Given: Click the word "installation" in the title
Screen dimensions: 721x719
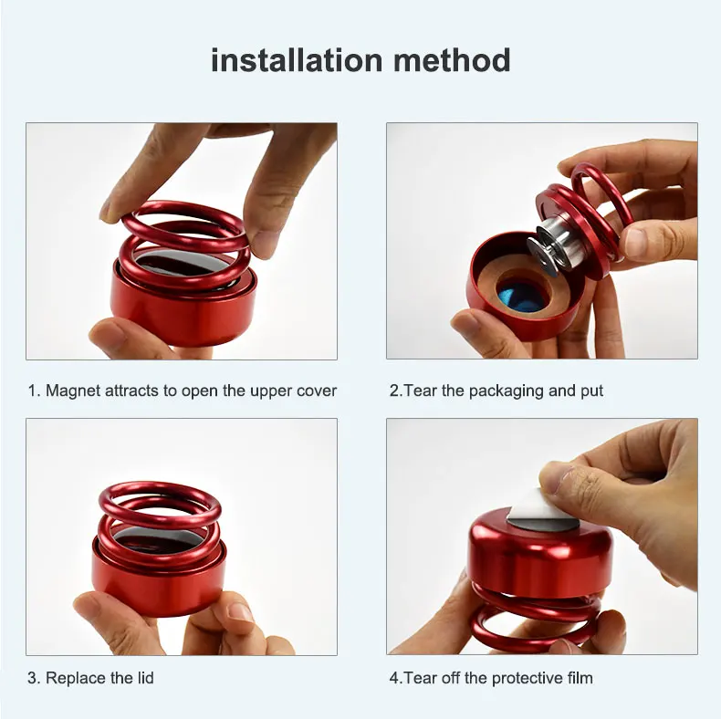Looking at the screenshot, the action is pyautogui.click(x=297, y=60).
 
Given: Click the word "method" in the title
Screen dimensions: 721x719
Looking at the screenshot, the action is pyautogui.click(x=452, y=60).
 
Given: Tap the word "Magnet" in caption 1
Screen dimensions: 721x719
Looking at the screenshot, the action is pyautogui.click(x=73, y=391).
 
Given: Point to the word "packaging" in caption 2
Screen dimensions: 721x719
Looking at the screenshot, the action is pyautogui.click(x=507, y=391).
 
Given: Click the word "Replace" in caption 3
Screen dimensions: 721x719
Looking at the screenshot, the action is pyautogui.click(x=76, y=678).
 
